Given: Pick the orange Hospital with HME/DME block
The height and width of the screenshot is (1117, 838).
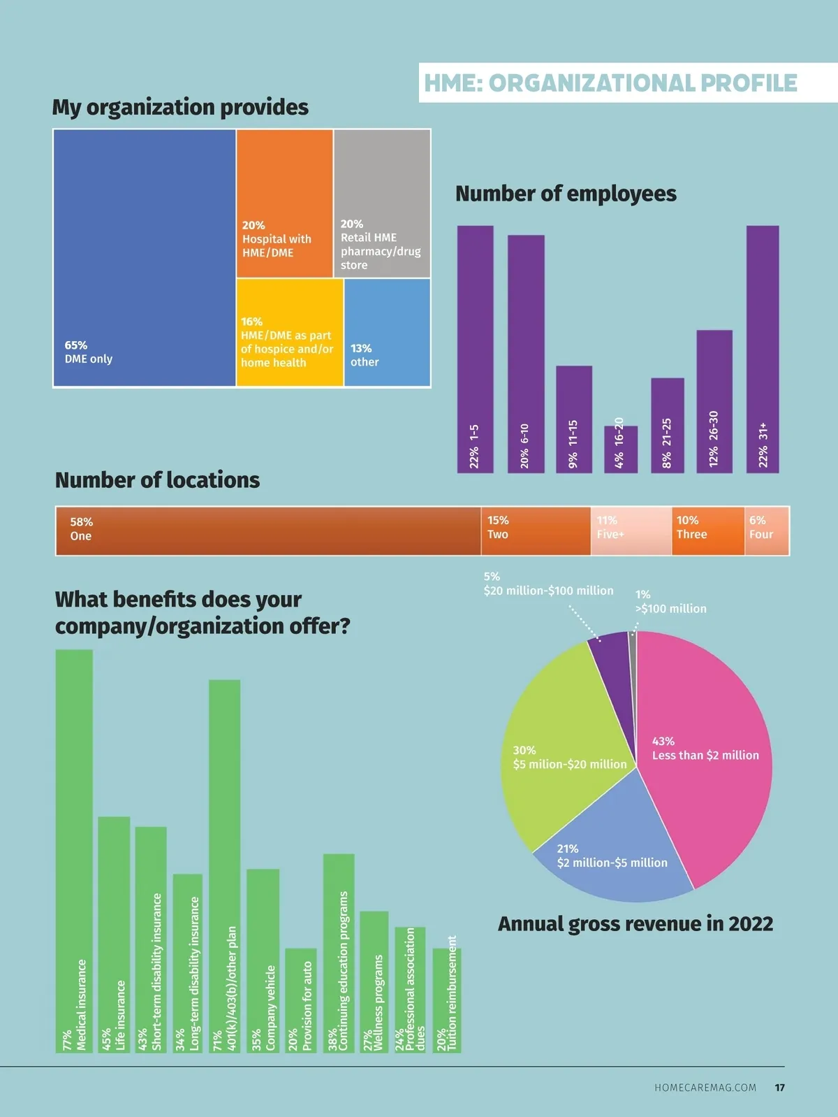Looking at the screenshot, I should (284, 203).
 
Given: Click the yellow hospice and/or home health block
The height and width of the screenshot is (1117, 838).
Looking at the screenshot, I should (289, 333).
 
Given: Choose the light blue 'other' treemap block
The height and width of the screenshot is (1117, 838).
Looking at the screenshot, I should (387, 332).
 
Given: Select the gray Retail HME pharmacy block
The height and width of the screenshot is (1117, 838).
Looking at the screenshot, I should (381, 203).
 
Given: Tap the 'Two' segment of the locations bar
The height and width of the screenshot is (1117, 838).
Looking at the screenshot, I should (535, 531).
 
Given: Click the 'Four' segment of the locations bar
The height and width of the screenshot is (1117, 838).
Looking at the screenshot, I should (766, 531).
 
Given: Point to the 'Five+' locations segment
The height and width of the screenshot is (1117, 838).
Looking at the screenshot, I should (631, 531).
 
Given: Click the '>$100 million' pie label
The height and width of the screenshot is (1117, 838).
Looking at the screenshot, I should (670, 602).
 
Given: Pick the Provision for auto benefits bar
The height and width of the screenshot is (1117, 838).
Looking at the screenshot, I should (300, 1000).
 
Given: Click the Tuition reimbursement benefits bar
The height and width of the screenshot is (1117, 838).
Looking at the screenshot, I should (446, 1000).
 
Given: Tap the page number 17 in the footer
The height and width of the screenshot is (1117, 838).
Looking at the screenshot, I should (779, 1088).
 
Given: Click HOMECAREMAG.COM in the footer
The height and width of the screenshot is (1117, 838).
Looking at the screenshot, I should (705, 1088).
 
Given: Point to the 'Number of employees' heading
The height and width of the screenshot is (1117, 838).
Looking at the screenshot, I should (566, 194).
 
